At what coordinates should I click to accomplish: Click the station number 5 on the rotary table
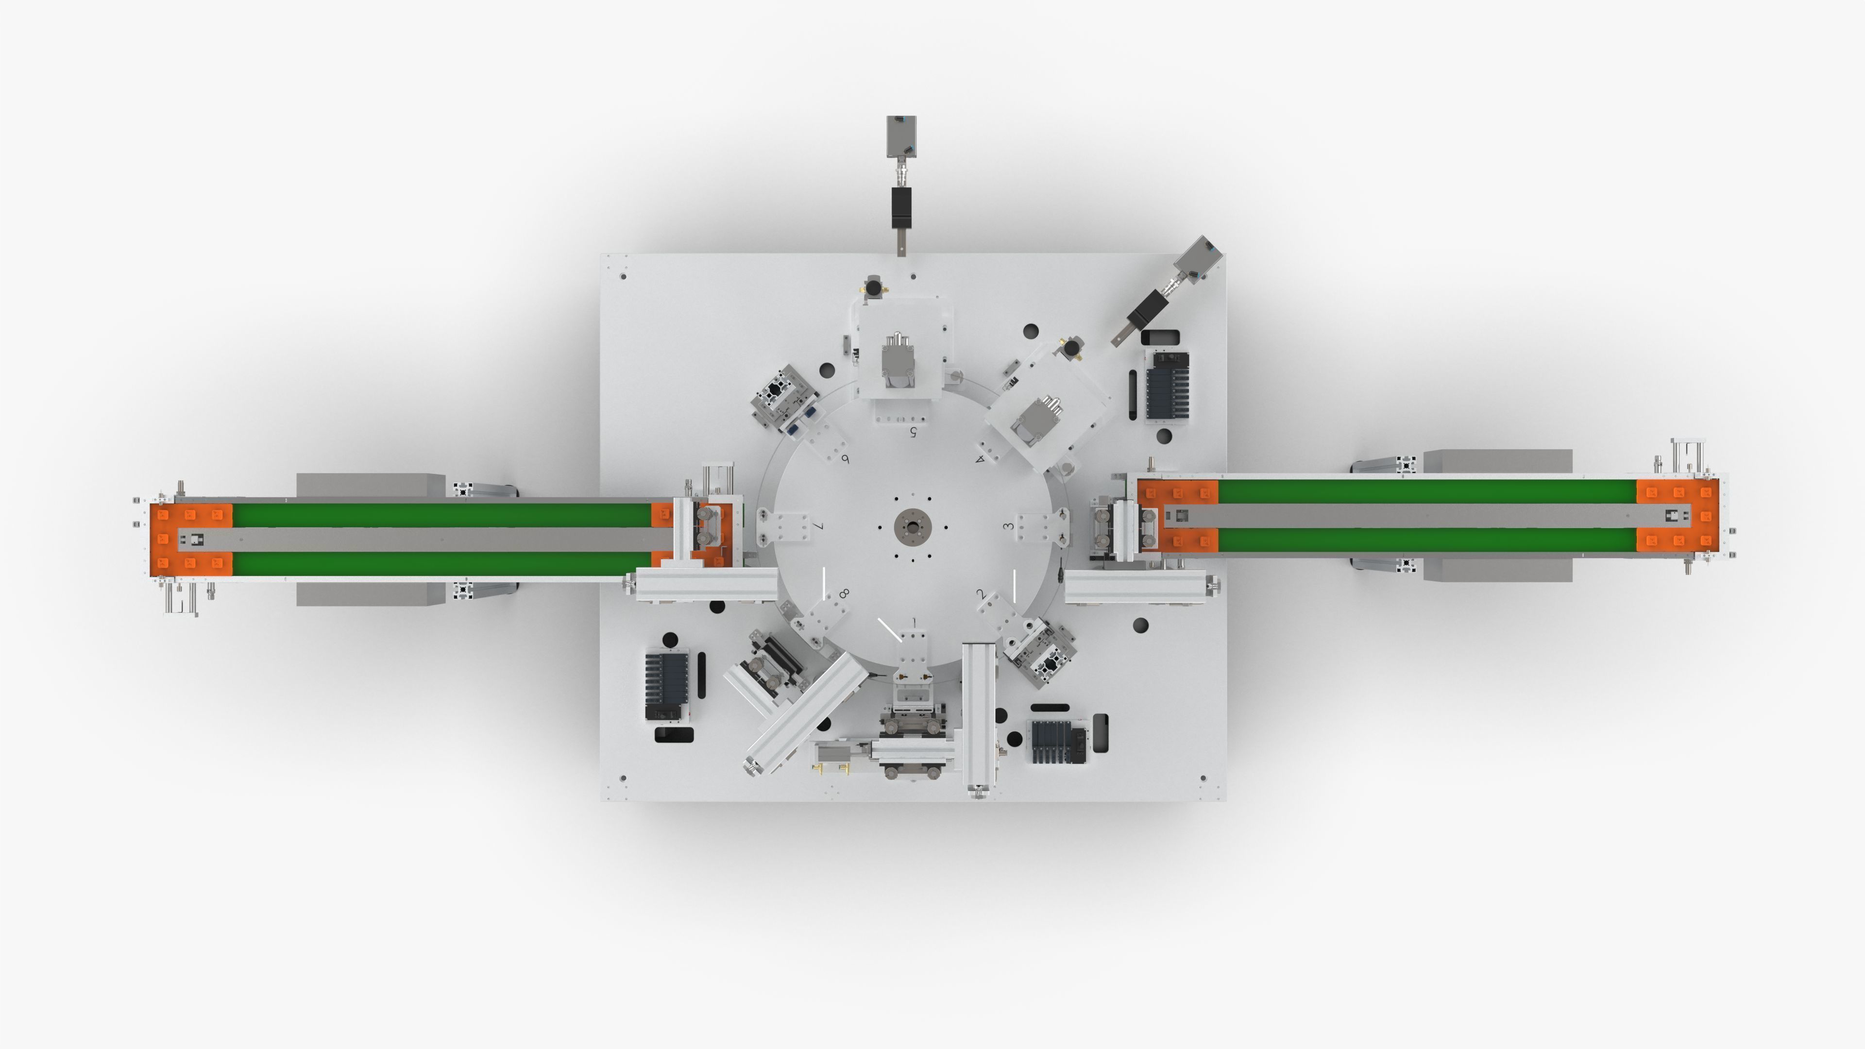pyautogui.click(x=914, y=432)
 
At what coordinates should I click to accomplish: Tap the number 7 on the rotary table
pyautogui.click(x=819, y=526)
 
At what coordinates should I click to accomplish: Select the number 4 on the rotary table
pyautogui.click(x=980, y=458)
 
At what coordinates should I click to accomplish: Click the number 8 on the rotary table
pyautogui.click(x=844, y=593)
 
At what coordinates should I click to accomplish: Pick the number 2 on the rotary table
pyautogui.click(x=981, y=594)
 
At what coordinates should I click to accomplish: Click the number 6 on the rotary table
pyautogui.click(x=845, y=459)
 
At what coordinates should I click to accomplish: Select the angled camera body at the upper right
pyautogui.click(x=1198, y=258)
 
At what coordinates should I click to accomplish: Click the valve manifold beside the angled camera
pyautogui.click(x=1167, y=385)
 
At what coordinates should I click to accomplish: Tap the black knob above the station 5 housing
pyautogui.click(x=874, y=288)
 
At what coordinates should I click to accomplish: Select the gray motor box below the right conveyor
pyautogui.click(x=1497, y=570)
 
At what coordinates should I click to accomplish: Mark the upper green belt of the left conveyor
pyautogui.click(x=441, y=515)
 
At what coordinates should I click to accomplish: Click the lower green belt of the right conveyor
pyautogui.click(x=1426, y=540)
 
